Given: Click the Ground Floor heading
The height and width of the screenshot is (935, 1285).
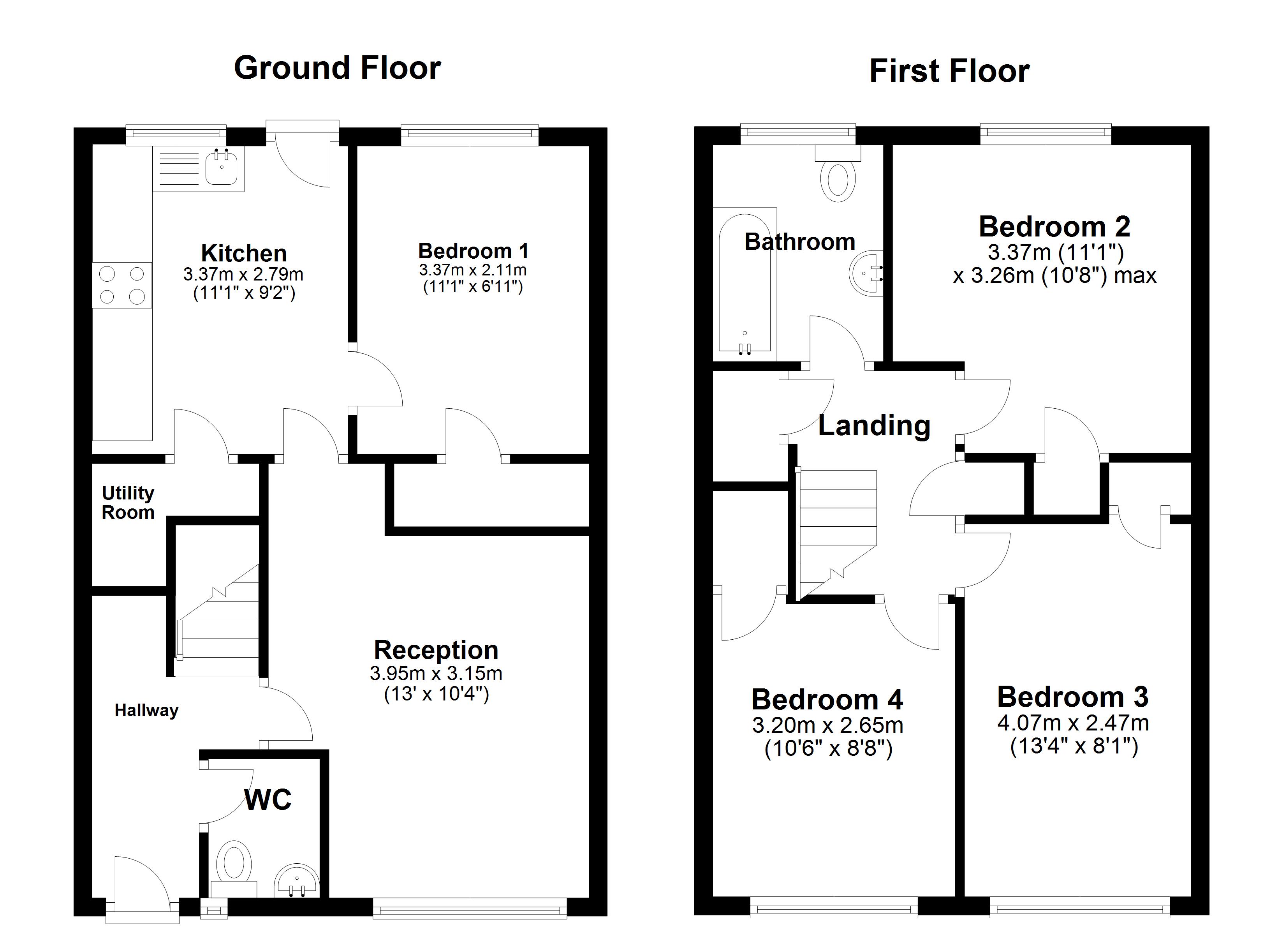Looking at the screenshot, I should [x=337, y=68].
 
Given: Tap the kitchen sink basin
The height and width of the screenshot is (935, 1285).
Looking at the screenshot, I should [x=221, y=167].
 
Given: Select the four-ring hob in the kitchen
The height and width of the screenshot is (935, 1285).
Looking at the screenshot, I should [x=122, y=285].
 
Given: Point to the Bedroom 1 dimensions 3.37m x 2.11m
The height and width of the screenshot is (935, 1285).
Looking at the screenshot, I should [x=472, y=270].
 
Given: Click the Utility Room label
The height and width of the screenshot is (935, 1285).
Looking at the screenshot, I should [x=128, y=503].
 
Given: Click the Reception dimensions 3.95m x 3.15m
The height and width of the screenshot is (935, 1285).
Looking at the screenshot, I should [x=436, y=674].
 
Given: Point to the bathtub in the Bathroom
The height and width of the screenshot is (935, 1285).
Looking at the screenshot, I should [x=745, y=284].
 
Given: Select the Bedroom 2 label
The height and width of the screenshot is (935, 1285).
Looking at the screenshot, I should [x=1054, y=227].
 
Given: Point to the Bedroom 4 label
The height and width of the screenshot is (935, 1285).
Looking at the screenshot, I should [x=827, y=699].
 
